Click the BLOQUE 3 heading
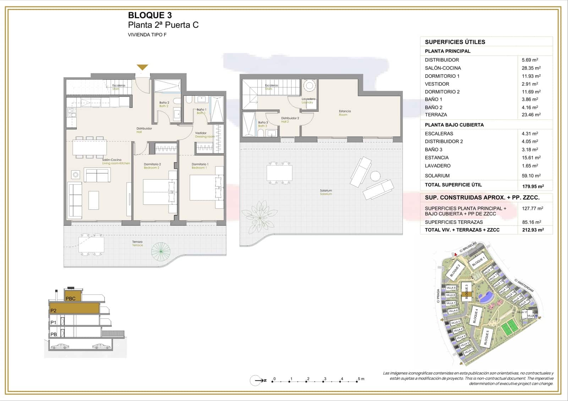click(149, 15)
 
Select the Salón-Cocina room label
click(112, 160)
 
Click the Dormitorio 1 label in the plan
click(200, 164)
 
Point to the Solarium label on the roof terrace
click(326, 191)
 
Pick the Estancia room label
click(344, 111)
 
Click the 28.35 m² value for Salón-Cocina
click(531, 68)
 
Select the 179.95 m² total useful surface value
click(532, 186)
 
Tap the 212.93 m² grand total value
click(532, 230)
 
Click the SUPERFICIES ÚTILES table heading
click(455, 42)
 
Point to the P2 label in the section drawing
click(53, 311)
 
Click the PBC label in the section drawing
click(71, 298)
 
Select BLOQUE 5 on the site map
click(486, 337)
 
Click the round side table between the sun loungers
click(375, 176)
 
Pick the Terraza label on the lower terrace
click(137, 242)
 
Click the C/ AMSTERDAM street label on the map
click(524, 286)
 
